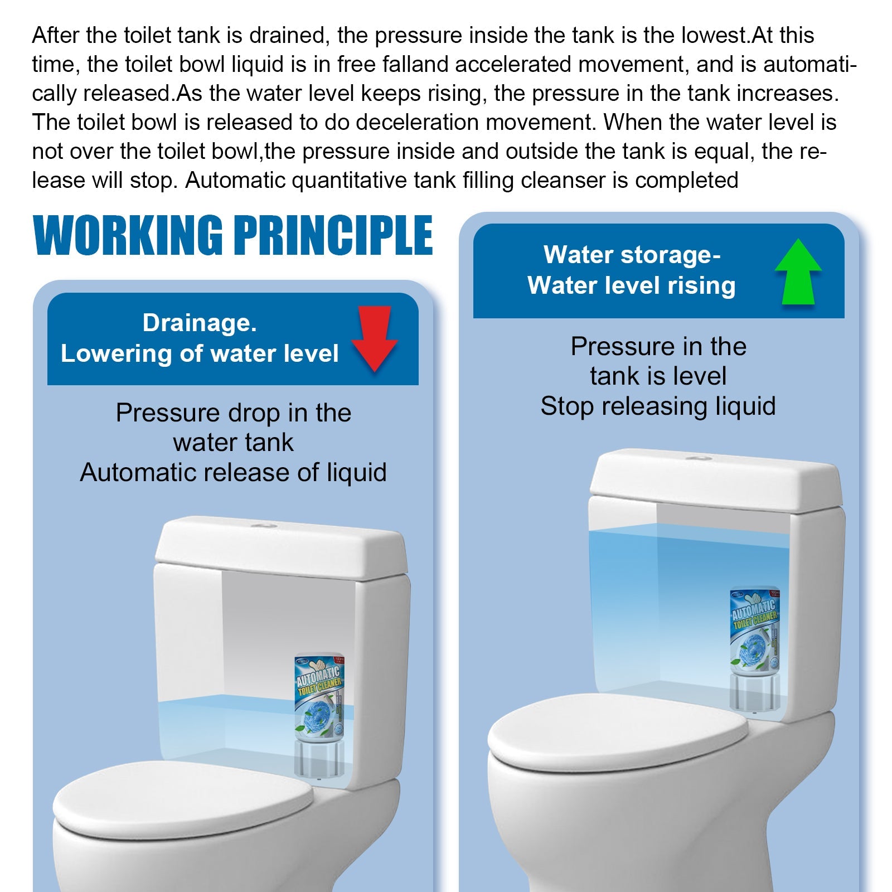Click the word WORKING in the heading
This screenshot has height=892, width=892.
(128, 235)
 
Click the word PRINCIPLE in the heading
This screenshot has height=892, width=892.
(333, 235)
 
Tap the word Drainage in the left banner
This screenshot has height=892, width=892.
(199, 323)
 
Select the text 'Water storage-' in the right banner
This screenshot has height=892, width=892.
(632, 255)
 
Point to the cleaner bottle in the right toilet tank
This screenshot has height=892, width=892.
(755, 630)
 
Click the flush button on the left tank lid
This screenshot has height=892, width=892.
(261, 525)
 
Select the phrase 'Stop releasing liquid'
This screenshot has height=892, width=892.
(658, 406)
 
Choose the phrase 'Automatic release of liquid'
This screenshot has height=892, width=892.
(233, 473)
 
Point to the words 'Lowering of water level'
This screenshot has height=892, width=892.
(200, 353)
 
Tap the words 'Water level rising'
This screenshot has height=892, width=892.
(632, 285)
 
